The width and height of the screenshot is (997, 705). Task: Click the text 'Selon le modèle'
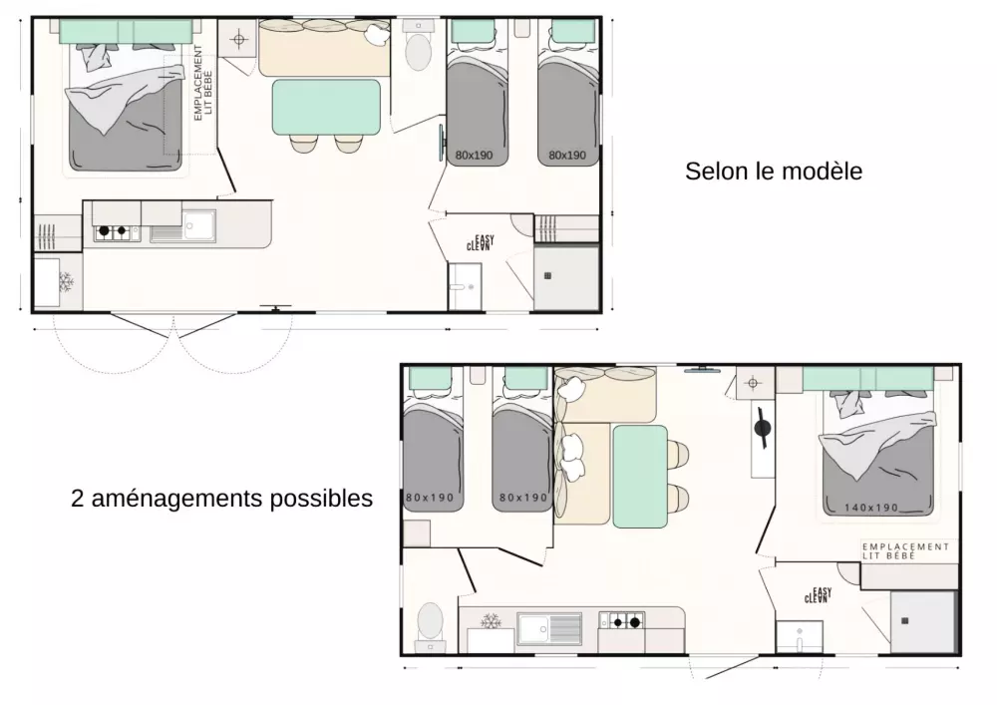click(774, 172)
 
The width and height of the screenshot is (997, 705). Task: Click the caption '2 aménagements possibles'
click(222, 499)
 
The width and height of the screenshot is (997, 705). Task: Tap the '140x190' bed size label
click(871, 508)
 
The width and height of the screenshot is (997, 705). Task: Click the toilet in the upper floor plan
click(419, 52)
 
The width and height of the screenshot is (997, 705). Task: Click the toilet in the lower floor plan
click(431, 621)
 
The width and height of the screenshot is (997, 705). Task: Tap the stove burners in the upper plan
click(117, 232)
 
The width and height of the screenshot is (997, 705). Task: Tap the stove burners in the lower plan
click(622, 621)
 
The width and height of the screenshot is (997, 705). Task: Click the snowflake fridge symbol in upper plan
click(66, 281)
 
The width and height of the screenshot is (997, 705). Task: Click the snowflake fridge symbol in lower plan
click(491, 621)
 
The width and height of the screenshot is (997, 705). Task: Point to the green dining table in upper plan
click(326, 107)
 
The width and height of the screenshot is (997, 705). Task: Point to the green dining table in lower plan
click(640, 477)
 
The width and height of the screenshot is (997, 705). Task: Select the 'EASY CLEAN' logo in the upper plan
click(481, 243)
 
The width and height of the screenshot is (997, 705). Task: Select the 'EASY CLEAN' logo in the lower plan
click(818, 595)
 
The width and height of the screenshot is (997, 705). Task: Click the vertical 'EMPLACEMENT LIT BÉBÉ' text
click(202, 83)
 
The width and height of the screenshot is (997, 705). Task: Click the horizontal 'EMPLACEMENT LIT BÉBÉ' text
click(905, 551)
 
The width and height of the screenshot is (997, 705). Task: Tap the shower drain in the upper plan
click(547, 276)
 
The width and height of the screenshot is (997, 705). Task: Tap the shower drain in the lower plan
click(905, 621)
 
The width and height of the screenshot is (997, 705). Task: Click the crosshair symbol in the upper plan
click(239, 40)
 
